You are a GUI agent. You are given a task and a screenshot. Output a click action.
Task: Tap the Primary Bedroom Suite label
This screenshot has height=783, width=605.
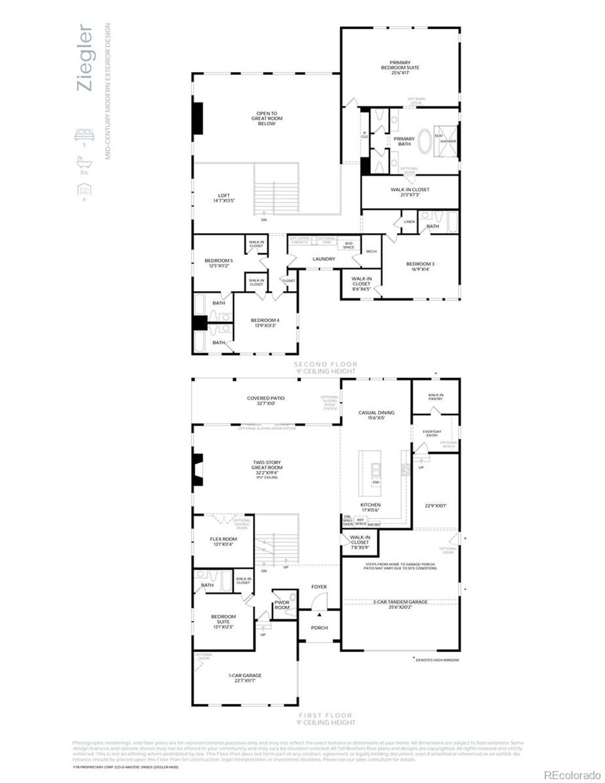(x=400, y=65)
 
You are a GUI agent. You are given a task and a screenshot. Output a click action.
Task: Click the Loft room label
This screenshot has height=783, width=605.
(x=223, y=198)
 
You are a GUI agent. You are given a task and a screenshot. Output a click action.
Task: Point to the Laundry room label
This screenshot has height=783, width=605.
(x=324, y=259)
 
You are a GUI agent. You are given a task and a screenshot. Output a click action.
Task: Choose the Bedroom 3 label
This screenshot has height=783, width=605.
(x=420, y=266)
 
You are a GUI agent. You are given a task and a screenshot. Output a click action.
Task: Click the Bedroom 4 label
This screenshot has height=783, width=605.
(x=265, y=323)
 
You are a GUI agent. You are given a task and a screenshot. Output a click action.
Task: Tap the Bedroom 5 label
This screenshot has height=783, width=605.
(x=219, y=263)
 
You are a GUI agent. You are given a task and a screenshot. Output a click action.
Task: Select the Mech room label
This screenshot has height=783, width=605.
(x=371, y=252)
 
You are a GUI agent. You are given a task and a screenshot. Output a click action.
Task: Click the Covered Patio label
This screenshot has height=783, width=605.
(x=266, y=401)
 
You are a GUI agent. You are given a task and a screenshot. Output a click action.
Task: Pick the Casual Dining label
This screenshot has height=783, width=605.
(x=376, y=415)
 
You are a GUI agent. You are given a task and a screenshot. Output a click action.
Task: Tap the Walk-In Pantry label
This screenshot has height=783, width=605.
(x=435, y=397)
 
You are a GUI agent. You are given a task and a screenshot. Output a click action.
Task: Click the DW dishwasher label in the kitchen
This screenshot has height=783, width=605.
(x=376, y=482)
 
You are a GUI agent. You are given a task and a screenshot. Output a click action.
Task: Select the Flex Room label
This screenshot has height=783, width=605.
(x=223, y=541)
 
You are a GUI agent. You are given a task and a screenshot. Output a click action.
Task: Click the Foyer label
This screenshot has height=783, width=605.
(x=319, y=587)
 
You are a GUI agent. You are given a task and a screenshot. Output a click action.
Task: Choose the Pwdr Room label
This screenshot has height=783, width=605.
(x=282, y=605)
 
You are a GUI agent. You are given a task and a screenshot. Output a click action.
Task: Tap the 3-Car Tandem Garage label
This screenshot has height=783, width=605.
(x=400, y=603)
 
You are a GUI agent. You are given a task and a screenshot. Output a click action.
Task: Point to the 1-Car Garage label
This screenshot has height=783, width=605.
(x=245, y=678)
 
